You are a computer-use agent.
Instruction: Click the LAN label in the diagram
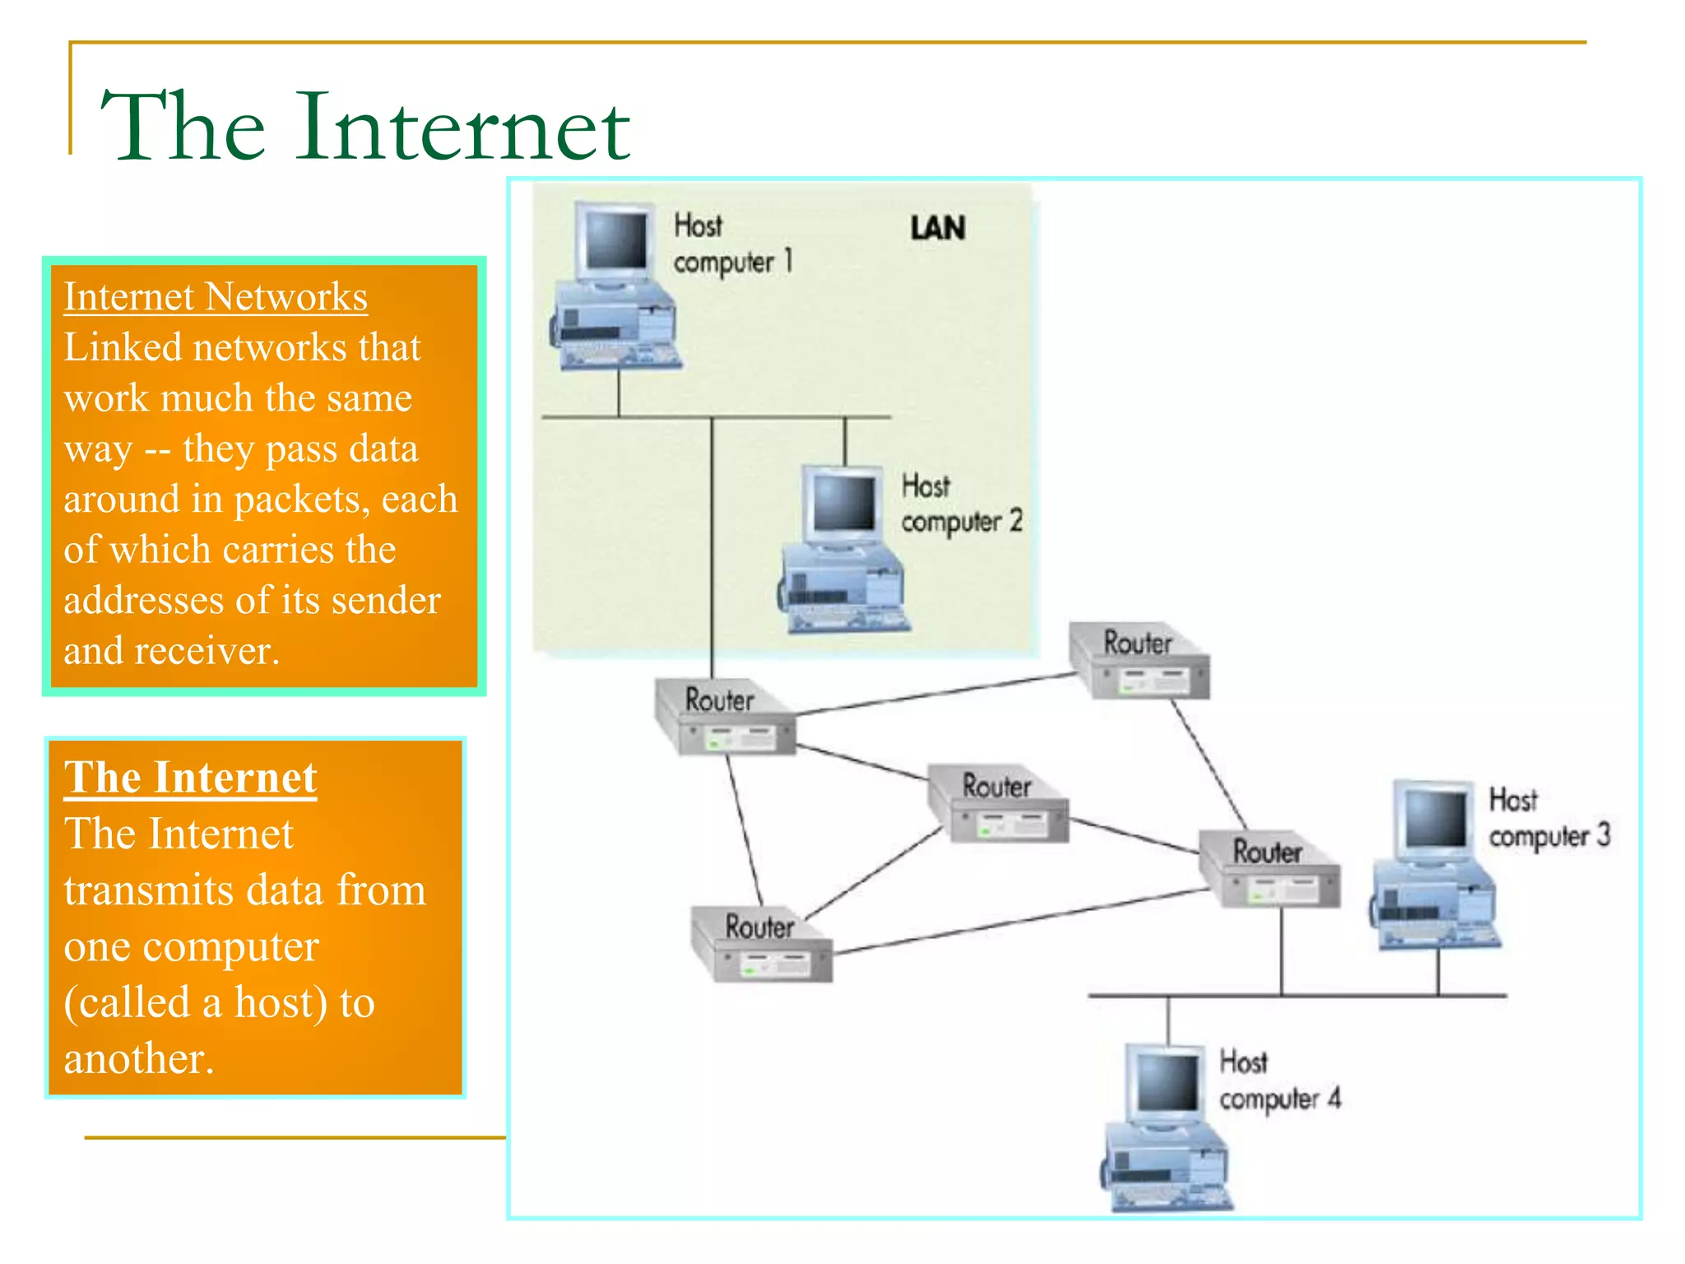click(937, 228)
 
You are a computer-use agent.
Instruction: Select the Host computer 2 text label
click(960, 503)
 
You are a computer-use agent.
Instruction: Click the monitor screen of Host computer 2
click(843, 503)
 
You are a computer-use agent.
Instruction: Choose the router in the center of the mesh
click(998, 805)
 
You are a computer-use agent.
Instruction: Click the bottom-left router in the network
click(761, 946)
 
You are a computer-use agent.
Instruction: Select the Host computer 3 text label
click(1548, 818)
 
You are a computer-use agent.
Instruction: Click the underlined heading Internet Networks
click(216, 297)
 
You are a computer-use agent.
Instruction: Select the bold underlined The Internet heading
click(191, 778)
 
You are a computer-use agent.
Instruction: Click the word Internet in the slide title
click(463, 128)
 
